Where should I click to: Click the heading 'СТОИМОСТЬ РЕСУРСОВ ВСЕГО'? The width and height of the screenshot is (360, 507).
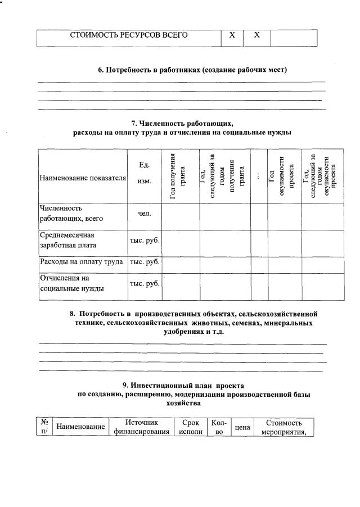coord(129,35)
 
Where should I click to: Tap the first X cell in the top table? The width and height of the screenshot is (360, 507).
coord(231,35)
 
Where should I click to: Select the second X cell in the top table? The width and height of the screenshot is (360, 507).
coord(256,35)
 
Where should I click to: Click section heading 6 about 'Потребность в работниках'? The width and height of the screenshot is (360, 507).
coord(193,70)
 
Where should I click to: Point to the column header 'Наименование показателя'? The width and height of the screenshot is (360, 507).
coord(83,178)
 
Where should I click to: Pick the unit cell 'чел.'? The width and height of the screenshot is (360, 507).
coord(144,213)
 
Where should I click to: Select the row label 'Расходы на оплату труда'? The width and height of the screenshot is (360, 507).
coord(82,262)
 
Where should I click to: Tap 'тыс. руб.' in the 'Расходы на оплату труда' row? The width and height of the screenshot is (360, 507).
coord(145,262)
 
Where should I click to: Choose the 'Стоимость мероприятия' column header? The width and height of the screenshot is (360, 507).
coord(284,427)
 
